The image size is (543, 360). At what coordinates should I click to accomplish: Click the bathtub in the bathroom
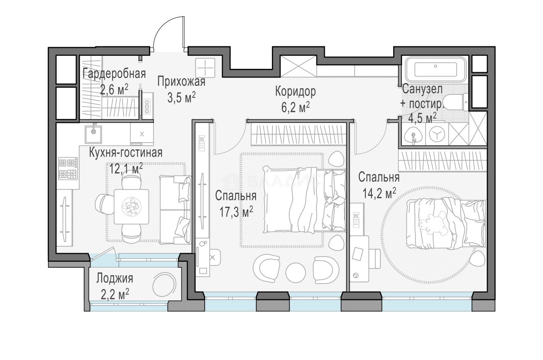(x=435, y=70)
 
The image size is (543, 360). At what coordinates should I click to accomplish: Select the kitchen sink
(x=94, y=134)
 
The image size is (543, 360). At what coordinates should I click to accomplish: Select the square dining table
(x=131, y=207)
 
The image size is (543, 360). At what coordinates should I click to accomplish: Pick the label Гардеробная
(x=114, y=74)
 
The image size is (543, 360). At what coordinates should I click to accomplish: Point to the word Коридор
(x=295, y=92)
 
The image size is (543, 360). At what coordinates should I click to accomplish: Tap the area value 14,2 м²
(x=379, y=193)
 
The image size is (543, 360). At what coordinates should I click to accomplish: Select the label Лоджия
(x=115, y=279)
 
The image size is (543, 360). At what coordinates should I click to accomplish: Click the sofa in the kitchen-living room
(x=175, y=209)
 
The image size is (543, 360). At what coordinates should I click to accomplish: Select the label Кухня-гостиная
(x=126, y=153)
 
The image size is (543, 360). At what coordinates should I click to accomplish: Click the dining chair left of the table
(x=104, y=207)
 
